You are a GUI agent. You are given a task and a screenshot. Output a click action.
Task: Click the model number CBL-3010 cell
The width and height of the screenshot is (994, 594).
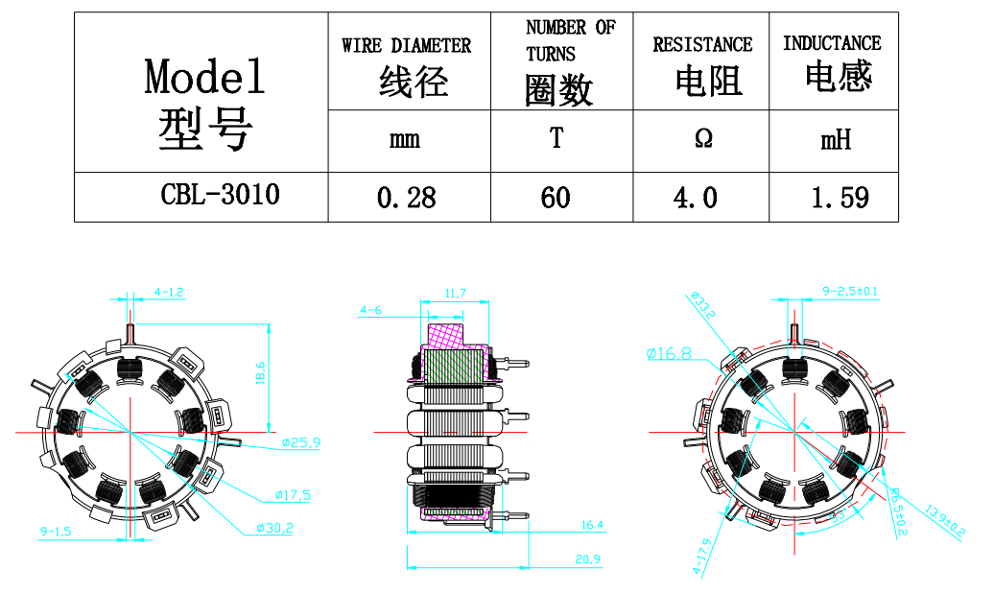click(220, 195)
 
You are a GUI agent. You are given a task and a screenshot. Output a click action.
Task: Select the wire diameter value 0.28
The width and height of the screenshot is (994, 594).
click(407, 198)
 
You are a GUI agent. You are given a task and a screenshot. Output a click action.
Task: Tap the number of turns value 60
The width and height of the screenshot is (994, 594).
click(556, 198)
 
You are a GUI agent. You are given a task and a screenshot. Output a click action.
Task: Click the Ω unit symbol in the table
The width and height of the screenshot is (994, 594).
click(702, 140)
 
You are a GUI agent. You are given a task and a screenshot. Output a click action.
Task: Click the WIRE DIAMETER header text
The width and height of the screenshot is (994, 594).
click(406, 45)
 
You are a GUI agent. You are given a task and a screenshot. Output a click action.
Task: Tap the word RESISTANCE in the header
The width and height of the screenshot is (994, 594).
click(702, 44)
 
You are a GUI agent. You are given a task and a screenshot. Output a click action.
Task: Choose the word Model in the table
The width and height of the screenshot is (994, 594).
click(204, 76)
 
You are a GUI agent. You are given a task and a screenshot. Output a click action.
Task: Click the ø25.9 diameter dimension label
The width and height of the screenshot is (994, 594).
click(301, 442)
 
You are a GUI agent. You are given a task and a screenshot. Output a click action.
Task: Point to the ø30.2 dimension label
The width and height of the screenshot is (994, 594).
click(274, 527)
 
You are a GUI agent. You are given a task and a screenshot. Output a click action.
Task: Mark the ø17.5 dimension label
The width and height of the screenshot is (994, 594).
click(293, 494)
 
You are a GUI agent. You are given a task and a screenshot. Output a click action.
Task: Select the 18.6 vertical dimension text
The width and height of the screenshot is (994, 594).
click(261, 371)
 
